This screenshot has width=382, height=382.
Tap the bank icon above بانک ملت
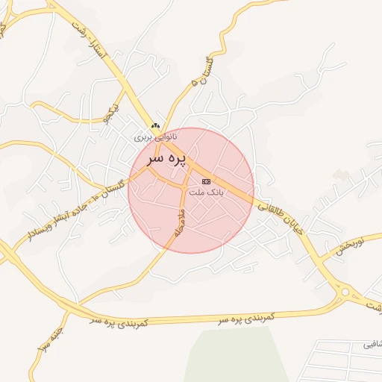tap(206, 181)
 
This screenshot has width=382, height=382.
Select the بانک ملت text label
tap(206, 192)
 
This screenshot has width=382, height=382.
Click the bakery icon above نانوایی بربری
tap(155, 126)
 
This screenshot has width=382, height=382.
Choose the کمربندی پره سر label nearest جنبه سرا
tap(118, 321)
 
